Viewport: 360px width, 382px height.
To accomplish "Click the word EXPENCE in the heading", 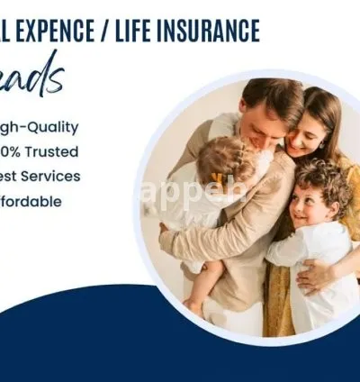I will [58, 32].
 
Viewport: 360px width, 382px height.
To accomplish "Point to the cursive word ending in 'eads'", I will [31, 77].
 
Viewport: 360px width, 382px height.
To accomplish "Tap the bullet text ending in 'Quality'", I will [40, 127].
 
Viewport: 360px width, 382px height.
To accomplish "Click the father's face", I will [261, 122].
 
